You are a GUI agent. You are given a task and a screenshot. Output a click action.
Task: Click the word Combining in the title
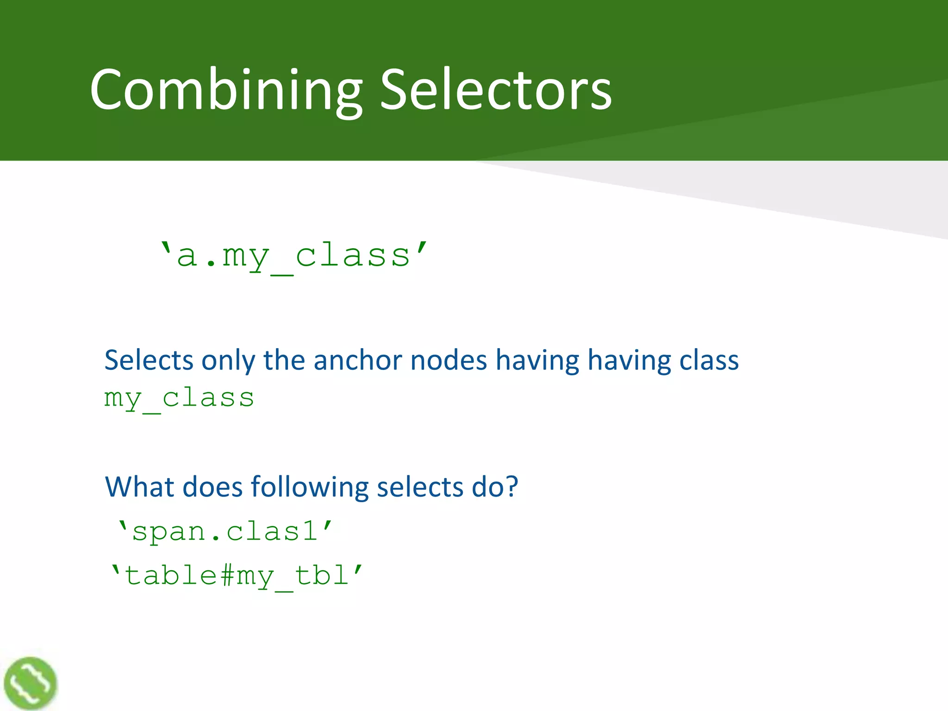click(x=226, y=90)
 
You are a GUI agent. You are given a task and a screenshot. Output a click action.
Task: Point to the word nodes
click(x=449, y=360)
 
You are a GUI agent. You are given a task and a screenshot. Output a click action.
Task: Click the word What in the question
click(x=139, y=487)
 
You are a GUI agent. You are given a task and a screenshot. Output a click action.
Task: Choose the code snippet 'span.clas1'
click(x=225, y=531)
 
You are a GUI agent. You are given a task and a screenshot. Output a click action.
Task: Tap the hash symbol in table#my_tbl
click(x=227, y=576)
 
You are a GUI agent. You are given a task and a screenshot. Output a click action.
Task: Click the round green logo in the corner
click(x=30, y=683)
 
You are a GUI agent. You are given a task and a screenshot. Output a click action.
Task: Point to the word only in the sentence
click(x=228, y=361)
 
